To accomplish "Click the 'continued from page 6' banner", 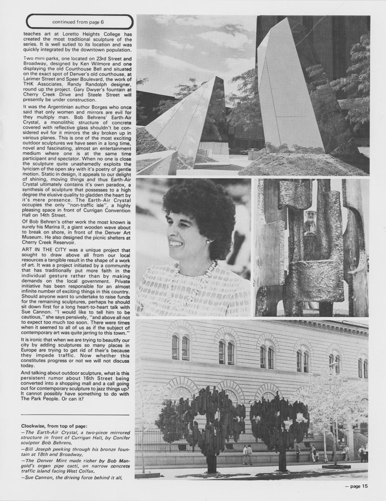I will (x=79, y=22).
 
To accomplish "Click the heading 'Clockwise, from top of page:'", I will (x=54, y=426).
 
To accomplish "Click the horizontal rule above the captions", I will (x=75, y=415).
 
